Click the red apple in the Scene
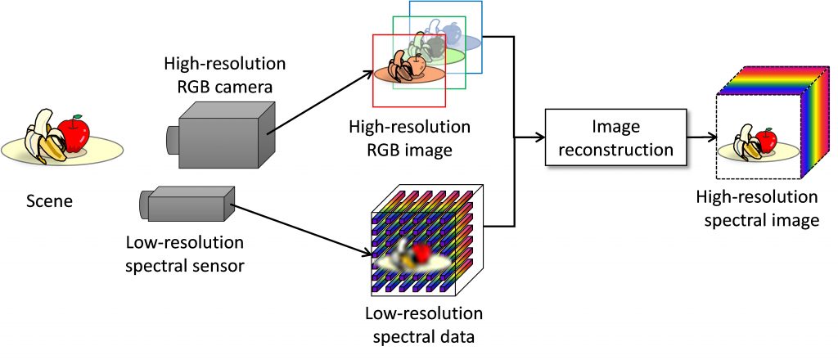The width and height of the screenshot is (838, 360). pos(76,134)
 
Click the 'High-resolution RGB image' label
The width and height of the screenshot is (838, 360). pos(409,138)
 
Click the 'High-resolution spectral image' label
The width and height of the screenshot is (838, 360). pos(756,208)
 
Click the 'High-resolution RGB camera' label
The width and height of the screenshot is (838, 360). pos(213,74)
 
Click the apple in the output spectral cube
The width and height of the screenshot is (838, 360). pos(766,142)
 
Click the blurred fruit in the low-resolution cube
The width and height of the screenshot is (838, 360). pos(417,254)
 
